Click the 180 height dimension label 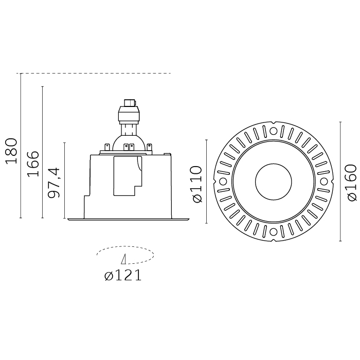click(x=11, y=151)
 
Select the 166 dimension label click(x=33, y=164)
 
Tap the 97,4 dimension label click(x=54, y=183)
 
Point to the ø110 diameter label click(x=197, y=184)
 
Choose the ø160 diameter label click(x=352, y=183)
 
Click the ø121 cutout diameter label click(x=123, y=276)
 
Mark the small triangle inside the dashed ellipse click(x=124, y=259)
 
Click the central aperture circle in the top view click(x=274, y=182)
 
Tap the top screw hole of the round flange click(x=273, y=131)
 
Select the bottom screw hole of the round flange click(x=273, y=232)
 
